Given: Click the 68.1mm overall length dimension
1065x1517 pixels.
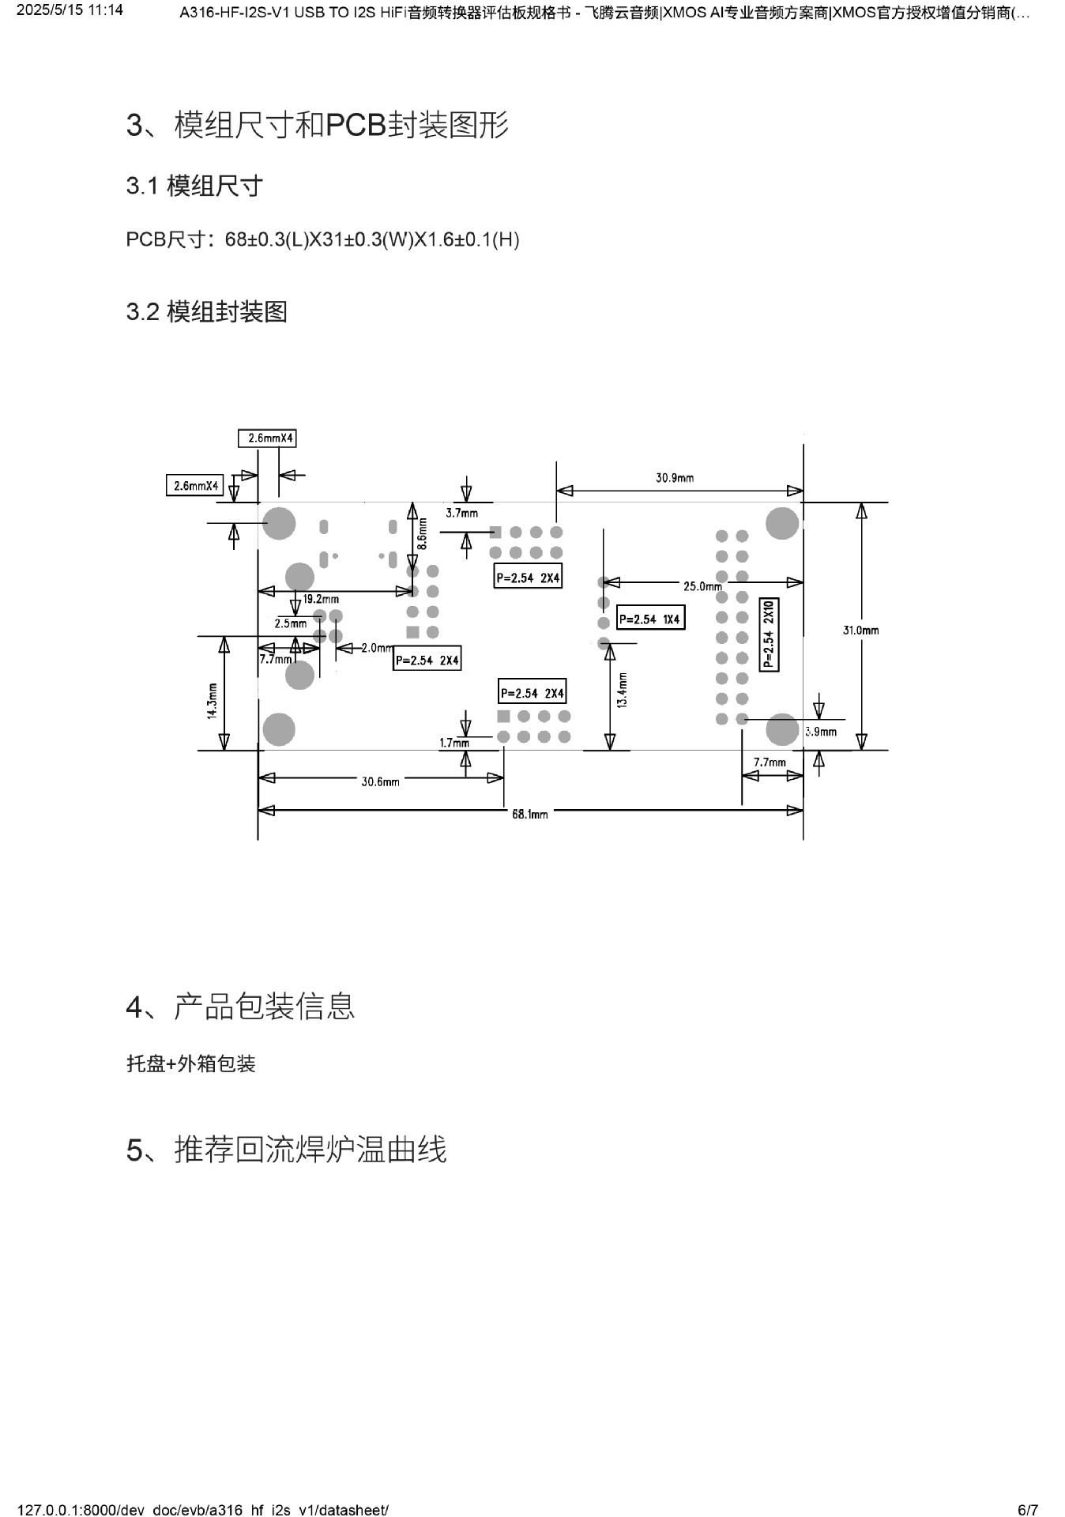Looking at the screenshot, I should [529, 814].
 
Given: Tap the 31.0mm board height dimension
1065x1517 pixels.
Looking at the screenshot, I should [860, 631].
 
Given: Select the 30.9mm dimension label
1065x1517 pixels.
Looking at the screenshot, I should [675, 478].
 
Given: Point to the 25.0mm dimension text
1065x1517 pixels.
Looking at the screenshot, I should [702, 586].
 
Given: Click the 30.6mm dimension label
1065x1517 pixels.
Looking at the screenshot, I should [380, 781].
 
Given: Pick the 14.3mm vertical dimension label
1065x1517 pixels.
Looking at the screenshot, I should [212, 700].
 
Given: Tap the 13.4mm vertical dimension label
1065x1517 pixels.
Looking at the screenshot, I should [623, 690].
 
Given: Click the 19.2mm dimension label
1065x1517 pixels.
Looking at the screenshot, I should [321, 599].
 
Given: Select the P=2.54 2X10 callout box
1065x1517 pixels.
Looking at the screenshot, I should [769, 634].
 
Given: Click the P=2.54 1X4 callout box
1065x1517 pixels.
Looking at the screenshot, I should [649, 619].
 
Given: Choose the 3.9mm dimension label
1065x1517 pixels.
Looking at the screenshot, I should [821, 732].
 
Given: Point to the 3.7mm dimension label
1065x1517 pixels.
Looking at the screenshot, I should [461, 513].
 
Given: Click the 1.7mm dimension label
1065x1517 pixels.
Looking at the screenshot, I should [454, 743].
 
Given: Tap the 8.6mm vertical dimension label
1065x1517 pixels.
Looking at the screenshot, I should [422, 533].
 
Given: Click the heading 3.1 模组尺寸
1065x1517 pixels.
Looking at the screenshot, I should [194, 186].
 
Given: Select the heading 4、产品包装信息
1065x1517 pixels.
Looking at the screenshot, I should [240, 1007].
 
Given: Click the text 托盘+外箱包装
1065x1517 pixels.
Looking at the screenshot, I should [191, 1063].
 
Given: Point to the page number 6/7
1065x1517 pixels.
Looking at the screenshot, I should [1027, 1510].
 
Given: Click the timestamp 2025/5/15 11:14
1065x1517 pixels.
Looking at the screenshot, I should [70, 10].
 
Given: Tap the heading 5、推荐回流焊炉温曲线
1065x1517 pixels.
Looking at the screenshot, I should [286, 1149].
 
